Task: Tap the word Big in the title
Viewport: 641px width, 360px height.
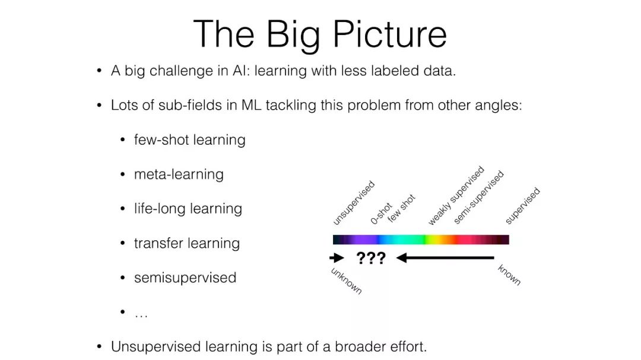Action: pyautogui.click(x=293, y=36)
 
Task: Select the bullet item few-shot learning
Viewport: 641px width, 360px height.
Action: pyautogui.click(x=190, y=140)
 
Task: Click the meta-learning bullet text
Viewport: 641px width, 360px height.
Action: pyautogui.click(x=179, y=174)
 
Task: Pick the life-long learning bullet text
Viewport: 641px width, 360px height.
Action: pyautogui.click(x=188, y=209)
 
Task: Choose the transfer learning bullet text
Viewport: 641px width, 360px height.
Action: pyautogui.click(x=187, y=243)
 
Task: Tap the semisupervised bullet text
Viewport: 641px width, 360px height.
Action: pyautogui.click(x=185, y=278)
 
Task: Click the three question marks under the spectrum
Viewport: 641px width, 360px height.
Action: pyautogui.click(x=371, y=258)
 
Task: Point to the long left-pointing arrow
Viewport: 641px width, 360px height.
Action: pyautogui.click(x=445, y=258)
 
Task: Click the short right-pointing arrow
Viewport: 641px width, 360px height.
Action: pyautogui.click(x=337, y=258)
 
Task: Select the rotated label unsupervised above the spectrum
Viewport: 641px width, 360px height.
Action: pyautogui.click(x=354, y=203)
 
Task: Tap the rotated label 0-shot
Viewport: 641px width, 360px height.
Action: pyautogui.click(x=381, y=214)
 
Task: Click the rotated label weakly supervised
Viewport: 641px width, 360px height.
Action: pyautogui.click(x=456, y=196)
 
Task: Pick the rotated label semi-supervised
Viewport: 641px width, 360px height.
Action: pyautogui.click(x=479, y=197)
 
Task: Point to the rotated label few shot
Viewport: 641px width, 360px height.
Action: pyautogui.click(x=401, y=208)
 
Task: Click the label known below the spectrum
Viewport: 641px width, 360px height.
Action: pyautogui.click(x=509, y=275)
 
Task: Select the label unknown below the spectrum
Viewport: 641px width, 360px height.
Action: pyautogui.click(x=346, y=281)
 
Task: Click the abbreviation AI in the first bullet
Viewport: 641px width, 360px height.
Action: pyautogui.click(x=241, y=71)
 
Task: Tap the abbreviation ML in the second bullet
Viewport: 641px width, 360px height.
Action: pyautogui.click(x=252, y=106)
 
